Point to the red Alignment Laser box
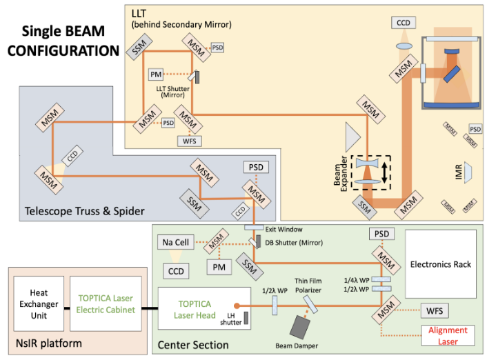(x=447, y=334)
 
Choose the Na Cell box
(x=176, y=242)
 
